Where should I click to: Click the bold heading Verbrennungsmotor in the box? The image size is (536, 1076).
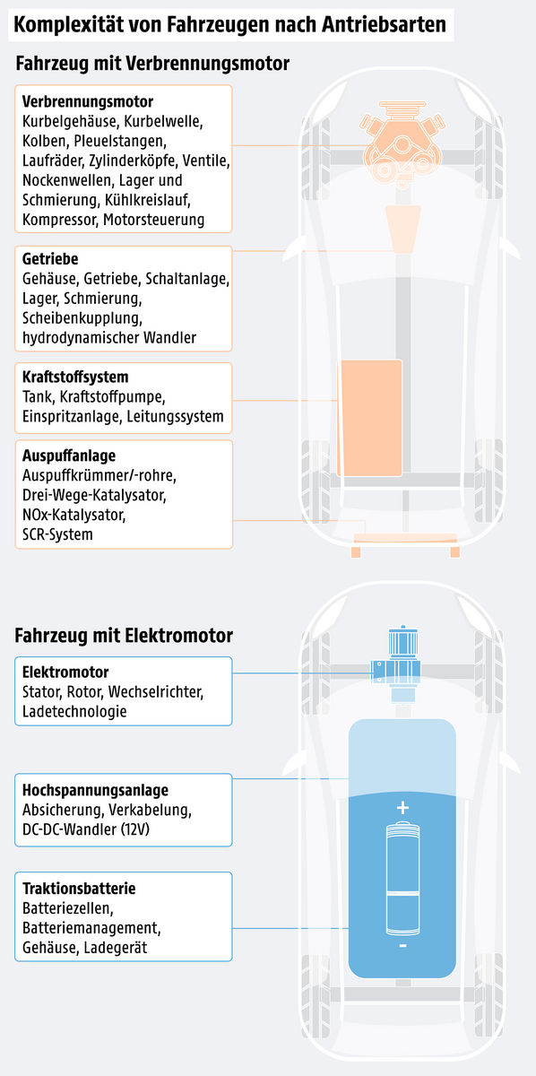pyautogui.click(x=88, y=101)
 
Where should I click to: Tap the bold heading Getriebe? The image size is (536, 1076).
pyautogui.click(x=50, y=258)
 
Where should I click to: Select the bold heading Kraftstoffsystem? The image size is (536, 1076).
pyautogui.click(x=75, y=377)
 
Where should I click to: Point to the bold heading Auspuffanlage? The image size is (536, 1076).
pyautogui.click(x=69, y=456)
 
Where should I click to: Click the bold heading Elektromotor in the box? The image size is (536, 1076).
pyautogui.click(x=65, y=672)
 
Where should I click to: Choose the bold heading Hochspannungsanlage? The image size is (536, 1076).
pyautogui.click(x=95, y=790)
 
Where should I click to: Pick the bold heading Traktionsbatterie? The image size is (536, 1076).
pyautogui.click(x=79, y=889)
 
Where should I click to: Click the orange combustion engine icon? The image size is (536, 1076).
pyautogui.click(x=402, y=143)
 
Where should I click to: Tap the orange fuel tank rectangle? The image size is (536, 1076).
pyautogui.click(x=369, y=418)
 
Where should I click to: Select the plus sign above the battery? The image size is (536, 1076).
pyautogui.click(x=402, y=808)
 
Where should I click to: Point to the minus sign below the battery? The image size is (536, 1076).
pyautogui.click(x=402, y=946)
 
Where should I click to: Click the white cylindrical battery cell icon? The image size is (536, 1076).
pyautogui.click(x=402, y=878)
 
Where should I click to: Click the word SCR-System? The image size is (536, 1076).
pyautogui.click(x=57, y=534)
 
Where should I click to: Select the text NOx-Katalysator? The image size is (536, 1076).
pyautogui.click(x=74, y=515)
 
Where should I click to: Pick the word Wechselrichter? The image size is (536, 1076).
pyautogui.click(x=156, y=691)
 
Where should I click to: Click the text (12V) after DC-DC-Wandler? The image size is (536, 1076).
pyautogui.click(x=135, y=829)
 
